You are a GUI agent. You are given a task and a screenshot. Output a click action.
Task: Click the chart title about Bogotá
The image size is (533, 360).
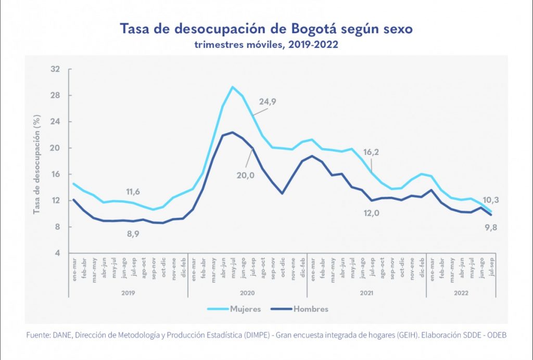(x=266, y=29)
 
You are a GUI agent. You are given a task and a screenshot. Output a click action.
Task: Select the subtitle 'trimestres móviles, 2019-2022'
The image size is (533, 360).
(x=266, y=45)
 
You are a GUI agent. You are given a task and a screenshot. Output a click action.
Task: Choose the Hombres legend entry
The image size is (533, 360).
(x=310, y=309)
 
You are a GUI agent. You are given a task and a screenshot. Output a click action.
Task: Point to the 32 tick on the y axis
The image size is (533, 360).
(x=56, y=69)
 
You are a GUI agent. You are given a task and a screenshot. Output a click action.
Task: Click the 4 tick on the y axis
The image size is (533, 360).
(x=57, y=253)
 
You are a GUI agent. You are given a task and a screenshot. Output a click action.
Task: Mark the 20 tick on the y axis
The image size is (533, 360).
(x=56, y=148)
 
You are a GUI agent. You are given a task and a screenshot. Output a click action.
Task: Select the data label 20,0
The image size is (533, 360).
(x=245, y=175)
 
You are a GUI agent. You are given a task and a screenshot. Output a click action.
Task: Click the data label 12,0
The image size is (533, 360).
(x=370, y=213)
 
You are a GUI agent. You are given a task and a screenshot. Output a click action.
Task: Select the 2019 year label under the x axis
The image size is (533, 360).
(x=128, y=293)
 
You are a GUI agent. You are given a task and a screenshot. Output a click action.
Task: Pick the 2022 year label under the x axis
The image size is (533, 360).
(x=461, y=293)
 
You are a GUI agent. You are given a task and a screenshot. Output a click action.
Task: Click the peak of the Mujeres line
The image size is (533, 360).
(x=232, y=87)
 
